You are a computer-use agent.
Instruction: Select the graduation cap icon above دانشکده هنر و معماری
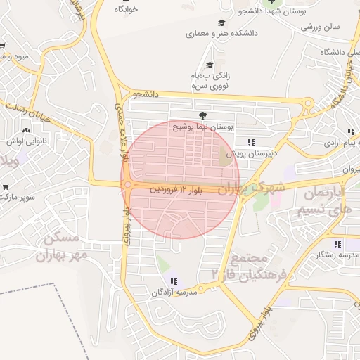click(221, 22)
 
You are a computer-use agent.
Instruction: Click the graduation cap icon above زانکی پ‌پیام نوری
click(209, 65)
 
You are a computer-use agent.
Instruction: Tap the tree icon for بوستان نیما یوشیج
click(202, 117)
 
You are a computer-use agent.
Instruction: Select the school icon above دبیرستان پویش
click(251, 142)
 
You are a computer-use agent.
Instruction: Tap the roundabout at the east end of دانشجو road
click(308, 104)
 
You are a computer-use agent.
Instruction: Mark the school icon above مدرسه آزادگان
click(174, 282)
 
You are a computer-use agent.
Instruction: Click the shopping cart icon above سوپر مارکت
click(6, 187)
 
